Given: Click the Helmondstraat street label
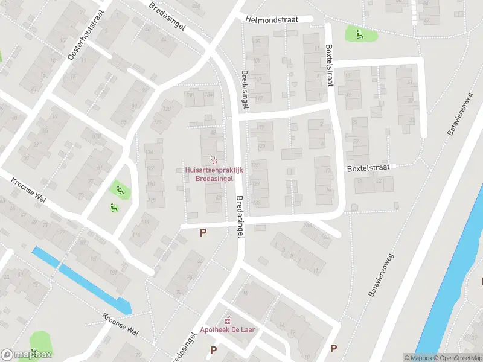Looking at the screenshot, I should coord(272,19).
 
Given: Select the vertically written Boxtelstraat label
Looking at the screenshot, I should coord(330,65).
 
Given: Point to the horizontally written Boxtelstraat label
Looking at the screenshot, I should coord(368,168).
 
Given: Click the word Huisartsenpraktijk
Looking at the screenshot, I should coord(213,171).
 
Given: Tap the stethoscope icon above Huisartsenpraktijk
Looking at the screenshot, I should coord(214,160).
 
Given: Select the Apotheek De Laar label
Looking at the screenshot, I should coord(227,330).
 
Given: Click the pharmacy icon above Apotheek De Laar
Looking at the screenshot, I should coord(228,319).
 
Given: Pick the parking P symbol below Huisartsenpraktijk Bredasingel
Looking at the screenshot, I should coord(203,232).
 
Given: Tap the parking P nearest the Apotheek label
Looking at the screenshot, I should coord(213,349).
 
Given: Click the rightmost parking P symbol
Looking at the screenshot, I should coord(333,348).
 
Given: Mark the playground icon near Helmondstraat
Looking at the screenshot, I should coord(359,34).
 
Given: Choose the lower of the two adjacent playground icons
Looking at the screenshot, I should coord(113,208).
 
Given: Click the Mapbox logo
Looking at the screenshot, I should coord(27,355).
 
